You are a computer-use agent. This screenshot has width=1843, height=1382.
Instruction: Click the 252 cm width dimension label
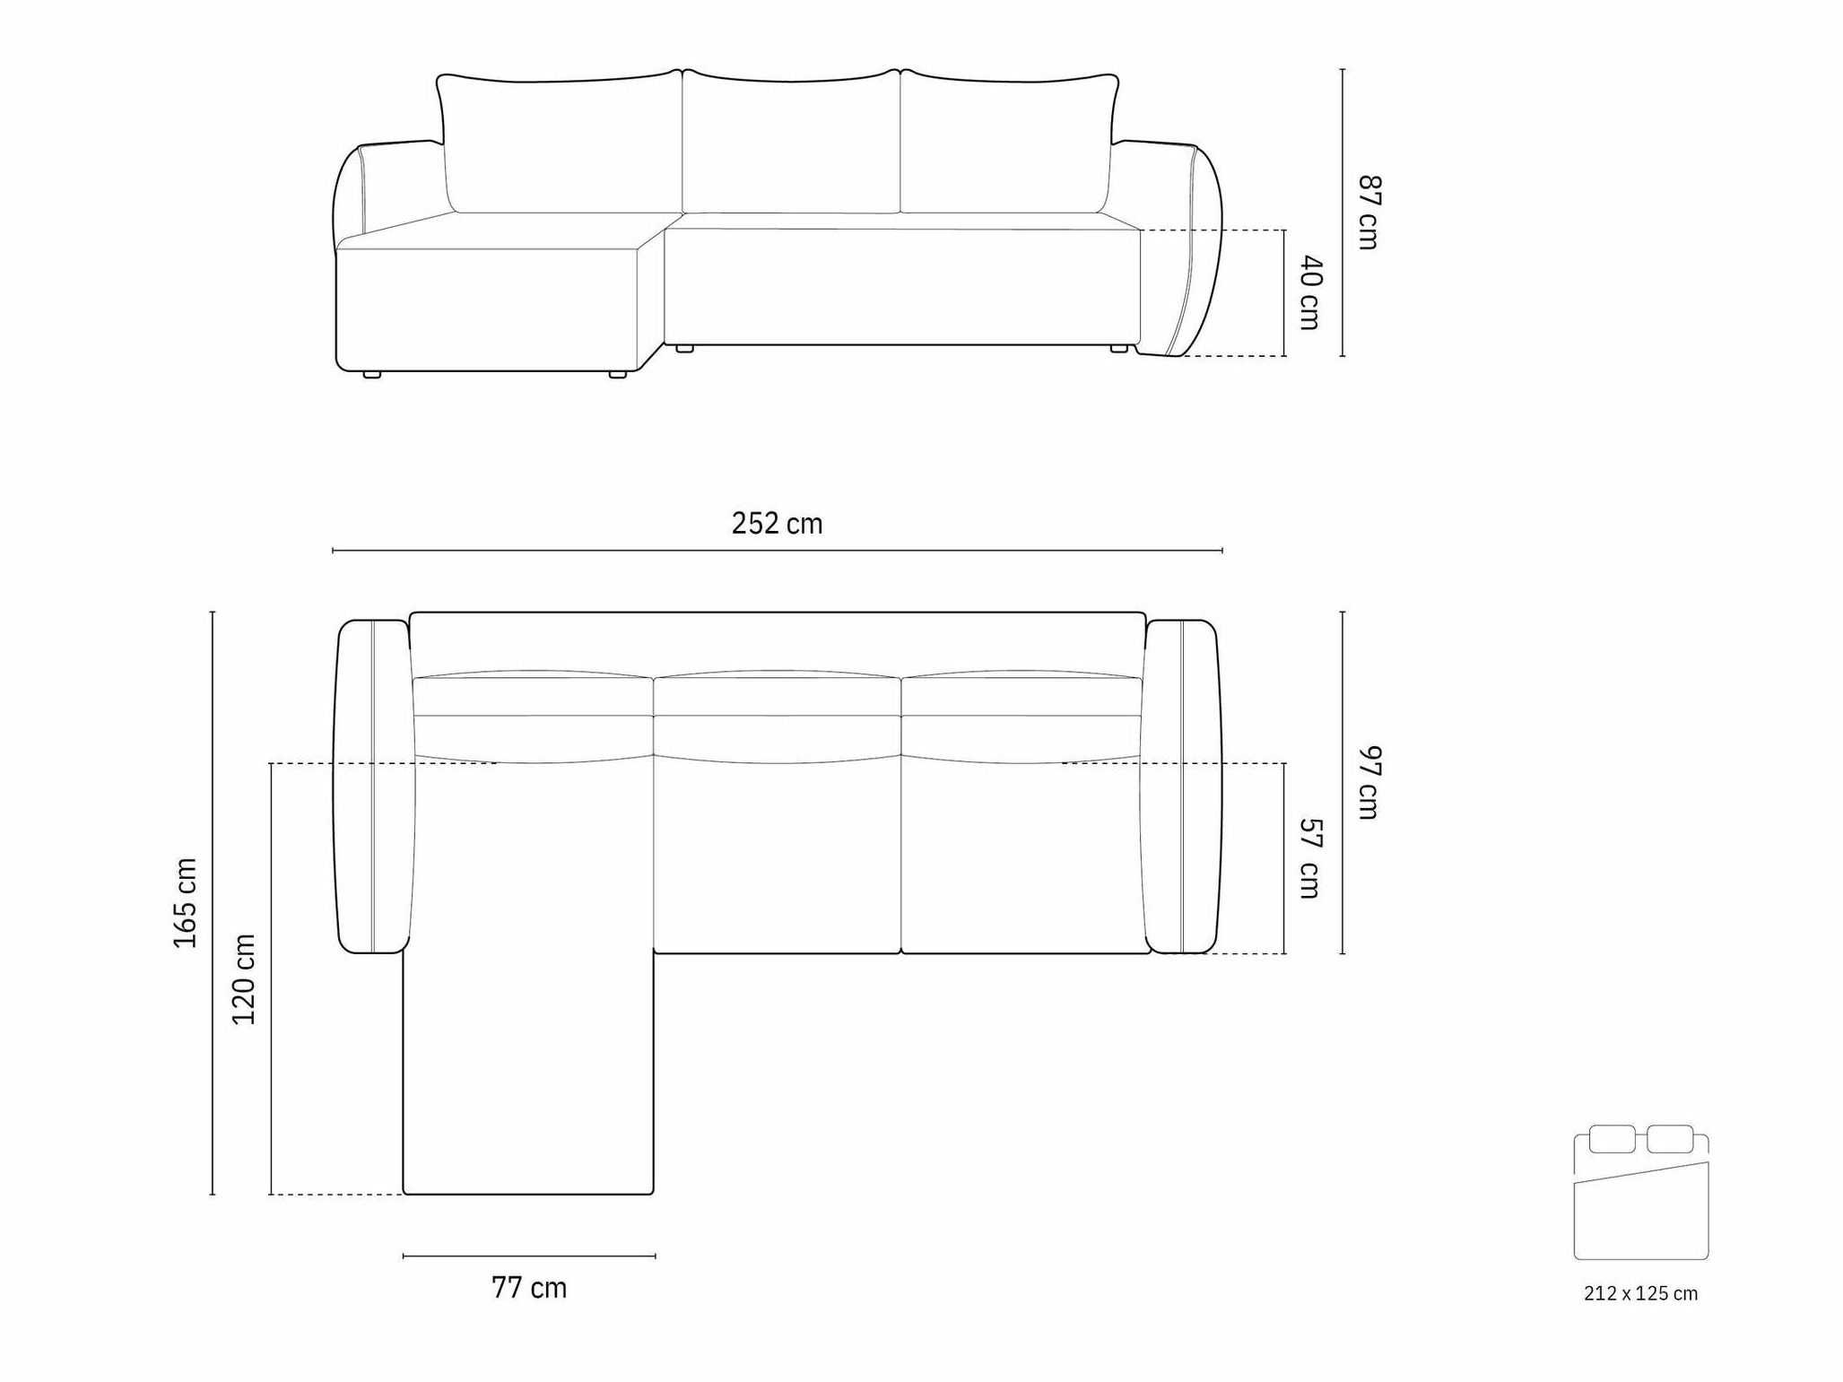click(x=777, y=523)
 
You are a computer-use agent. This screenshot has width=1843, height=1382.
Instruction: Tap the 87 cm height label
click(x=1369, y=213)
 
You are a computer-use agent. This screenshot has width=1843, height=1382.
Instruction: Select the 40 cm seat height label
click(x=1310, y=293)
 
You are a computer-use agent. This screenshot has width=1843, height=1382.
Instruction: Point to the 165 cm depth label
click(x=186, y=902)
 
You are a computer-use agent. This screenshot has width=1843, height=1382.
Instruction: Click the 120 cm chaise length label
click(x=244, y=978)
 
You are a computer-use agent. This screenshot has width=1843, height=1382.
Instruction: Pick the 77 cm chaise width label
click(x=529, y=1288)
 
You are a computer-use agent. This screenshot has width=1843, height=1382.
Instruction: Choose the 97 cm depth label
click(x=1369, y=782)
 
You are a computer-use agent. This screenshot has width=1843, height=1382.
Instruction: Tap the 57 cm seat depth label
click(x=1310, y=858)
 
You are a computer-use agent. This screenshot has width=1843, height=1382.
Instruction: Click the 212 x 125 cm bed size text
click(x=1640, y=1293)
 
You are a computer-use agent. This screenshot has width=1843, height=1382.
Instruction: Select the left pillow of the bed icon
click(x=1612, y=1139)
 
